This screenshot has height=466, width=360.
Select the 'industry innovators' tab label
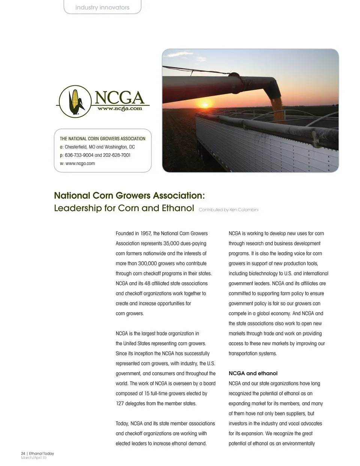[102, 8]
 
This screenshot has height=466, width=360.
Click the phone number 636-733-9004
[79, 155]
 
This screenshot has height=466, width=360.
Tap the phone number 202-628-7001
[117, 155]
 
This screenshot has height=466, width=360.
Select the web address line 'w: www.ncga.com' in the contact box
[77, 164]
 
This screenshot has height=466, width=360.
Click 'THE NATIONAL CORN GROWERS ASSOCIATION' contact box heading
[102, 139]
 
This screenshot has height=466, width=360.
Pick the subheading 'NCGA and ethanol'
[253, 373]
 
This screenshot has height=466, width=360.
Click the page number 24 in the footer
[23, 454]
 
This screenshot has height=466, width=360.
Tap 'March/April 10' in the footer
[34, 458]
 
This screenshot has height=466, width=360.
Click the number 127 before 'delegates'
[120, 404]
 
